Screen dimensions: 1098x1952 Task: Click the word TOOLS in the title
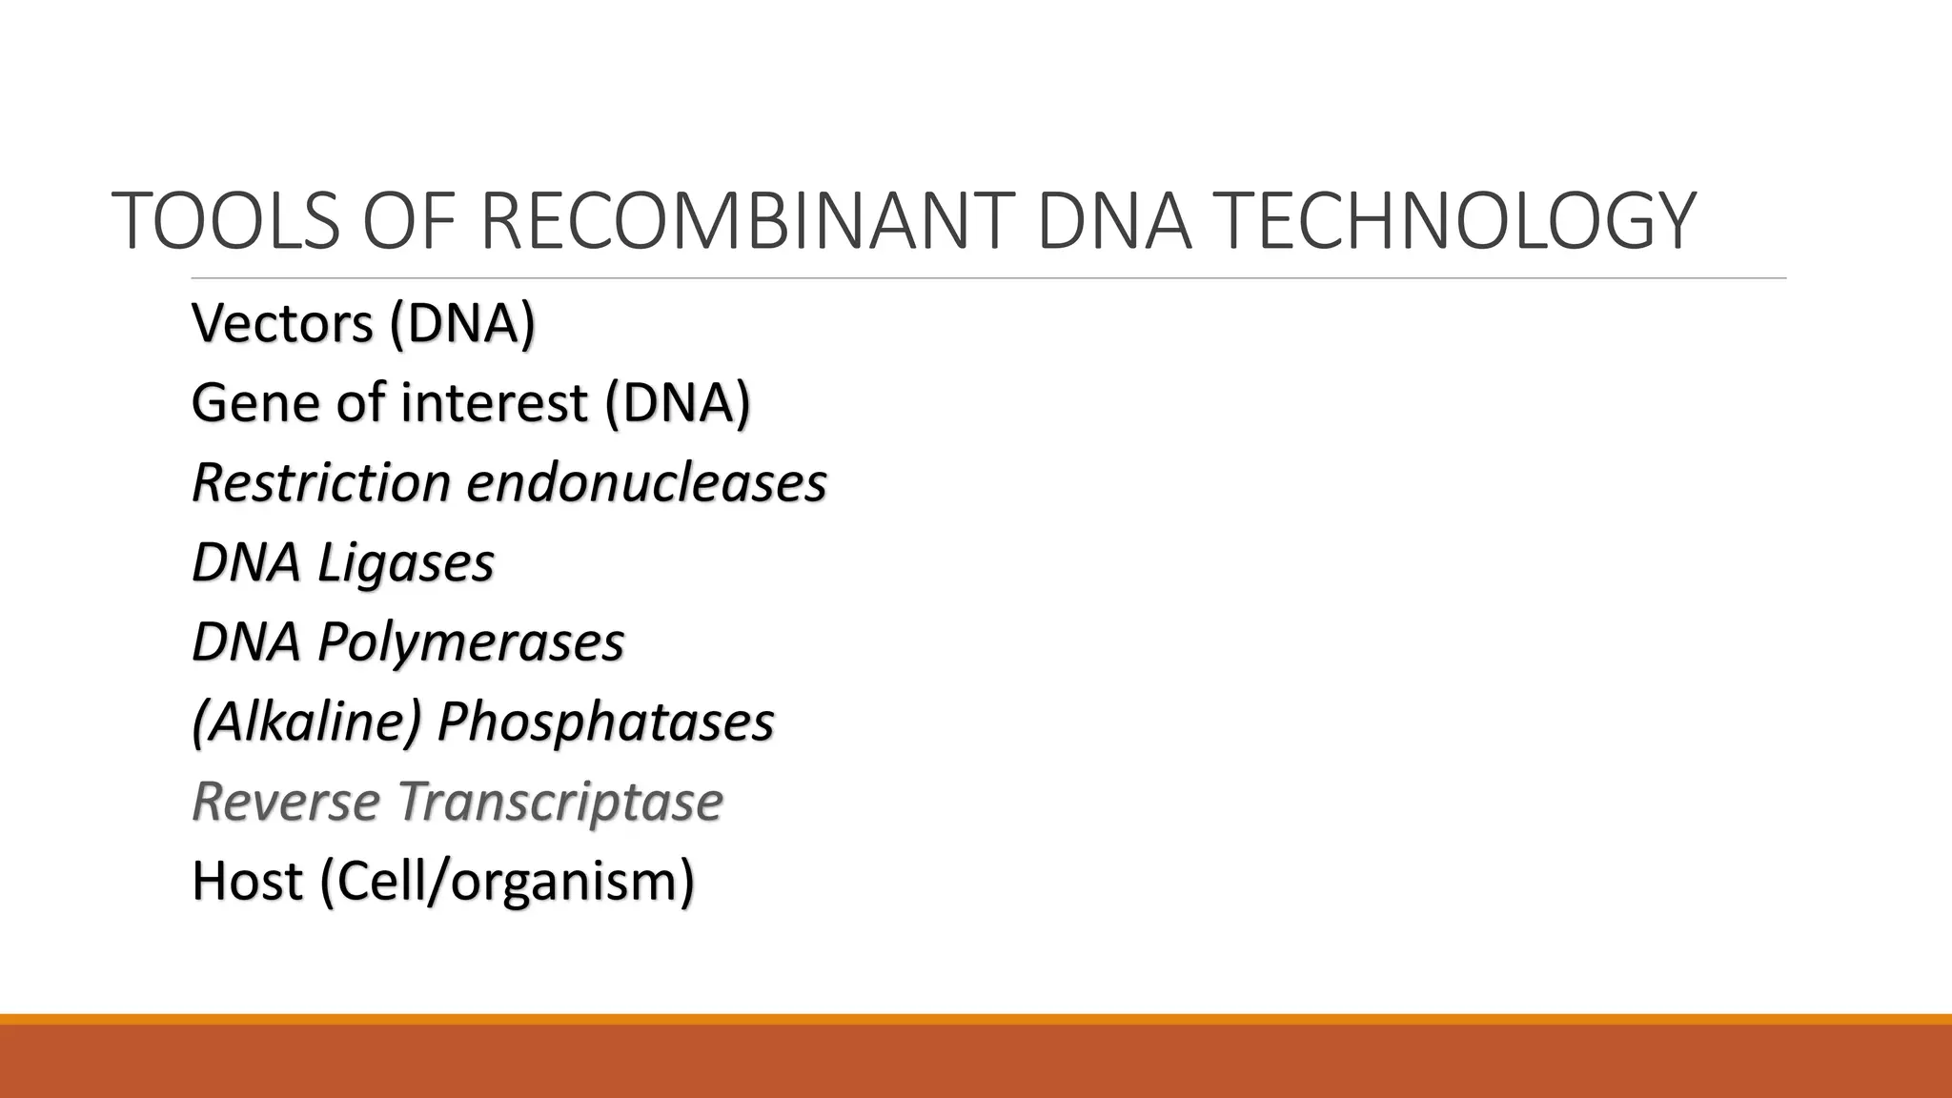[x=226, y=221]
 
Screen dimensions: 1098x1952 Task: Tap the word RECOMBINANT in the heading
[x=742, y=221]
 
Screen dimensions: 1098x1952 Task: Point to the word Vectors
[x=282, y=324]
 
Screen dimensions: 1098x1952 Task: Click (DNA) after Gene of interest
[x=677, y=403]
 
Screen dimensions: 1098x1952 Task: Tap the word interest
[x=493, y=403]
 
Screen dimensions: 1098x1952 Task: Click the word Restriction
[x=320, y=483]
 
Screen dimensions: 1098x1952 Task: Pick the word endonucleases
[x=646, y=483]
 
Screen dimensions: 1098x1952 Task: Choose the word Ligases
[x=405, y=563]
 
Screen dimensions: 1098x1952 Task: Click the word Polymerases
[x=470, y=642]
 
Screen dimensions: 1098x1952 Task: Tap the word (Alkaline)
[x=306, y=722]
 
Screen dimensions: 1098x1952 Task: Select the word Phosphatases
[x=605, y=722]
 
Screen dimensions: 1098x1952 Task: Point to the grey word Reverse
[x=285, y=802]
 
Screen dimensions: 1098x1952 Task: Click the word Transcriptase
[x=559, y=802]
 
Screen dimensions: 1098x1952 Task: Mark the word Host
[x=247, y=882]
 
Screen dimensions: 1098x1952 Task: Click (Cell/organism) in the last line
[x=507, y=882]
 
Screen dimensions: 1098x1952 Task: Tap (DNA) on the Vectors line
[x=462, y=324]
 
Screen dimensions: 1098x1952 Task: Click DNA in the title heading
[x=1113, y=221]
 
